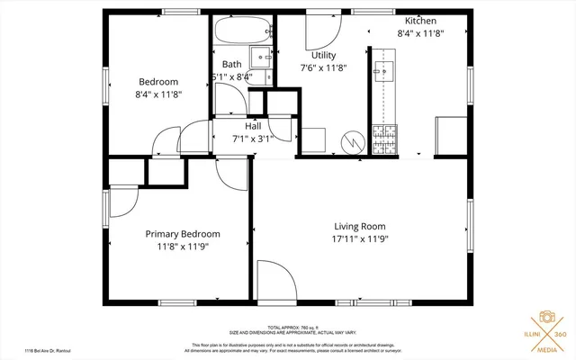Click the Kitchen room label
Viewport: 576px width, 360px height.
[x=422, y=21]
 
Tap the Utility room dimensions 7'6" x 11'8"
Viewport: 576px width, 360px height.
[x=323, y=67]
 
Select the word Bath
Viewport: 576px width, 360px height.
[x=232, y=64]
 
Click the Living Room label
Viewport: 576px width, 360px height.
[x=360, y=226]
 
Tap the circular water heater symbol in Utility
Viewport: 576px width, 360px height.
[x=352, y=141]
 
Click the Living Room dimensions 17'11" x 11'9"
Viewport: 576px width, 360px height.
[x=360, y=239]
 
